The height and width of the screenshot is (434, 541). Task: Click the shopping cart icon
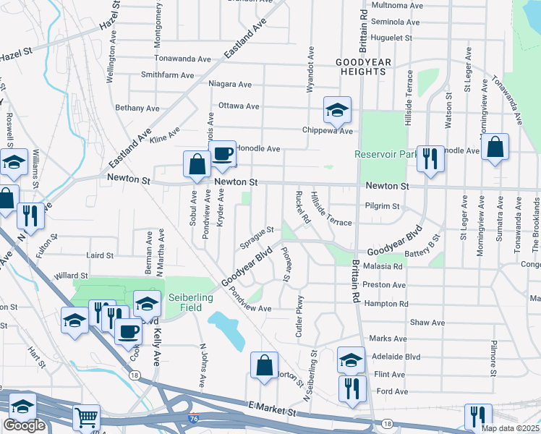(x=86, y=416)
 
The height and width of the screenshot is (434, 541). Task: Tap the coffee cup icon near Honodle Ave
(x=222, y=153)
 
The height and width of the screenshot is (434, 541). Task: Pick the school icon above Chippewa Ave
(x=336, y=109)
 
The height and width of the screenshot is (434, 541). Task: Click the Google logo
(x=24, y=425)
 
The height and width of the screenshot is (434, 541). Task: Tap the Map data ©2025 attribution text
(x=510, y=428)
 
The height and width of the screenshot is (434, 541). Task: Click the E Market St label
(x=271, y=410)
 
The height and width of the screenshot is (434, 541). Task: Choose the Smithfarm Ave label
(x=167, y=75)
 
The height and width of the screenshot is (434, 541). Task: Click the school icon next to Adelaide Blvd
(x=350, y=359)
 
